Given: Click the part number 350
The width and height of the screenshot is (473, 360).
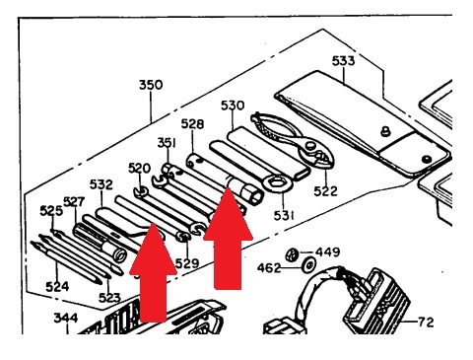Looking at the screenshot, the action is (x=151, y=85).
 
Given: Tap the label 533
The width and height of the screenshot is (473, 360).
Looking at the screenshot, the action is (x=343, y=61).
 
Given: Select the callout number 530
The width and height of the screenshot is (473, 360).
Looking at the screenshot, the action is (x=233, y=106).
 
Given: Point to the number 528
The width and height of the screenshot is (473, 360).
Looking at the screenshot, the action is (x=192, y=124).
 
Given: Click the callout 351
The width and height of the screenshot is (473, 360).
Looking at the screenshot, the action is (x=167, y=143).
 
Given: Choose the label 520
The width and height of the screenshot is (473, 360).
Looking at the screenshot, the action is (x=139, y=169).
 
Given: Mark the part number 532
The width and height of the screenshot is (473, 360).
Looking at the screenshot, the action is (x=101, y=184).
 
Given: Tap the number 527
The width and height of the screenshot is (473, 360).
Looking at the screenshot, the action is (x=74, y=201).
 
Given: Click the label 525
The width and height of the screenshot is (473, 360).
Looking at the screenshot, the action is (x=51, y=211).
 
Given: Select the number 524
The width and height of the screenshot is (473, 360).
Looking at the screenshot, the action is (x=57, y=287).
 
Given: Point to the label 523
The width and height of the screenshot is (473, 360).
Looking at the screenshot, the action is (x=109, y=298).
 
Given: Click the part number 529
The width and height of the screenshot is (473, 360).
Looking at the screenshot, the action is (x=187, y=263).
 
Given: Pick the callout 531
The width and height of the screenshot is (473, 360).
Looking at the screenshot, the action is (x=284, y=215).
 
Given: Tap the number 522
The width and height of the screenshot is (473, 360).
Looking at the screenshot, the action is (x=325, y=191).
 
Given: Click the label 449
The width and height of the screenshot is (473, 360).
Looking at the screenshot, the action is (x=327, y=252).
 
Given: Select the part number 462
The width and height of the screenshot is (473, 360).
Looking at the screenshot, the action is (x=269, y=268).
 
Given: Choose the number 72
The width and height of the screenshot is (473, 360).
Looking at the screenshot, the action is (x=426, y=322).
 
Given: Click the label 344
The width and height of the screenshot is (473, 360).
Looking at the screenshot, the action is (x=66, y=318).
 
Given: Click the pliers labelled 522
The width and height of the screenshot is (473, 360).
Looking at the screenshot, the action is (x=293, y=137).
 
